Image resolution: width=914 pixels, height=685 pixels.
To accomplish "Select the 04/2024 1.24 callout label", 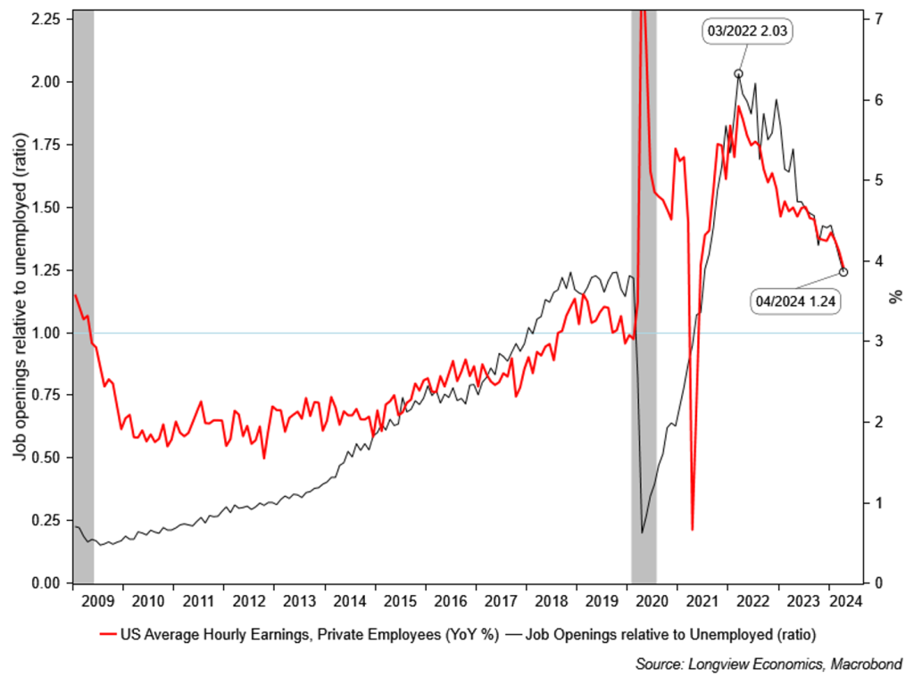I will click(x=796, y=301).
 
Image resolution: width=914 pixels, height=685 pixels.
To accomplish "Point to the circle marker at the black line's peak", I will click(x=738, y=74).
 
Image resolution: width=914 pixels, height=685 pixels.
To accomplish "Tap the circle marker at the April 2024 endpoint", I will click(x=844, y=272).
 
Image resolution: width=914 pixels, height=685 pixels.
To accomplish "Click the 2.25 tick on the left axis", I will click(x=45, y=19).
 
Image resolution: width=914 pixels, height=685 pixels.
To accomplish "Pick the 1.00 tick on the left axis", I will click(x=45, y=333).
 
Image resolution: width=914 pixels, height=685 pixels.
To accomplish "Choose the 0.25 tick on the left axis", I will click(x=45, y=520).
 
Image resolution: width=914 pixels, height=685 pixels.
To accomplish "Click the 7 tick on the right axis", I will click(x=879, y=19).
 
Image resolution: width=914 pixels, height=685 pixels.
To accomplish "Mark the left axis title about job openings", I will click(x=19, y=299).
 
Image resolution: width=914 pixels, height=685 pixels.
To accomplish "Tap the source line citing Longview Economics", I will click(x=769, y=664).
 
